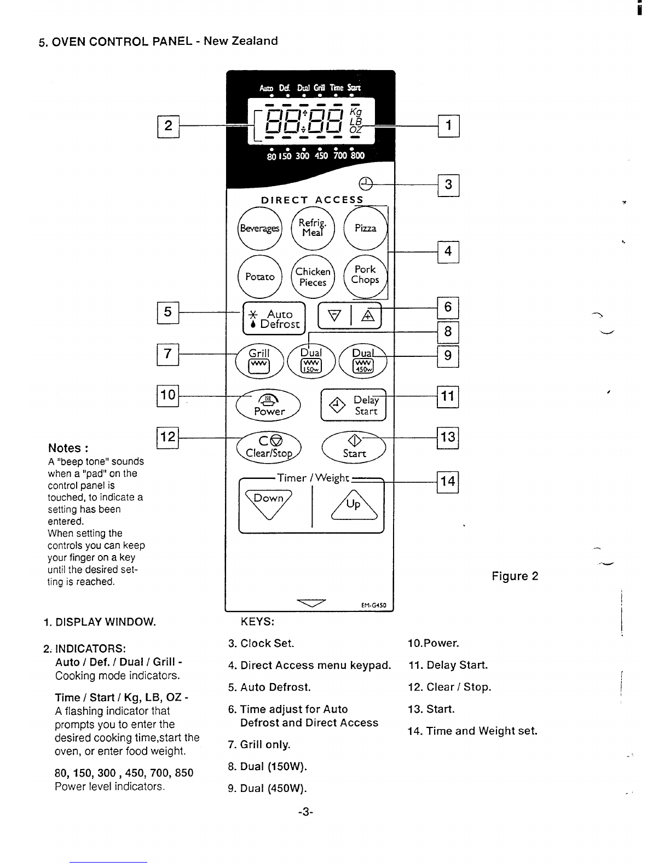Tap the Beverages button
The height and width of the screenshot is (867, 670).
[259, 229]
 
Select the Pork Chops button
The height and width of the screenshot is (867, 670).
[365, 276]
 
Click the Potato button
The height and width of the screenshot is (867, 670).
[259, 276]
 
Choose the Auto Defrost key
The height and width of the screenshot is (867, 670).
[274, 319]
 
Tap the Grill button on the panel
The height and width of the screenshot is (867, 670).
[259, 361]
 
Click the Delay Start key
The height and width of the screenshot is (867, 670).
[354, 405]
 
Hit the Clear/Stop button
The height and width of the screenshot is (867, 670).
[269, 447]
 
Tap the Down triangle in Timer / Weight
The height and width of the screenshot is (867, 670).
[269, 504]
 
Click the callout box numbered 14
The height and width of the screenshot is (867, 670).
[448, 482]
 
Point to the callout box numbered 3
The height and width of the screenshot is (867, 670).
[448, 185]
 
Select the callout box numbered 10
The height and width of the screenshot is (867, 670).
[168, 396]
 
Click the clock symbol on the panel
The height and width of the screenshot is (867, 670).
[366, 184]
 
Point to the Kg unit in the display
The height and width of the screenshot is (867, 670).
[356, 112]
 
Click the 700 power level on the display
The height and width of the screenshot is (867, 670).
[340, 155]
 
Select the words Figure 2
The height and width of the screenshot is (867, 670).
[515, 576]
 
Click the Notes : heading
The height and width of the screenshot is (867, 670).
[68, 448]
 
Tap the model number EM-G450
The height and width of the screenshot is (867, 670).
[374, 605]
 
